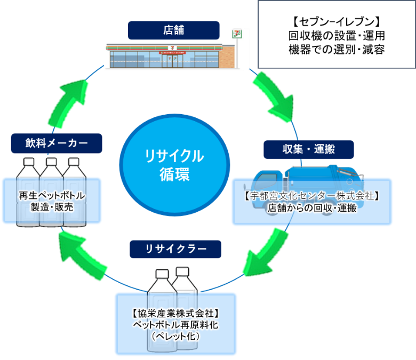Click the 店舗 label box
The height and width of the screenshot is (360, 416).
173,30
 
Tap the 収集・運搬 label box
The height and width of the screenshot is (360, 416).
309,149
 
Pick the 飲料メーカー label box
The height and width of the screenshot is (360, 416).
56,143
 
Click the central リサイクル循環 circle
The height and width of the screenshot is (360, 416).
174,165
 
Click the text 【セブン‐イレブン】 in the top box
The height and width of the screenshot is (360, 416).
336,22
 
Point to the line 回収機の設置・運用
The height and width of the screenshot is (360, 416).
336,36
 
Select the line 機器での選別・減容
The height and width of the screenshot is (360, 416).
336,50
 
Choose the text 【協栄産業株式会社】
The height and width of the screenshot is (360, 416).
175,313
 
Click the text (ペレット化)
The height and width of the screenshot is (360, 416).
175,337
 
